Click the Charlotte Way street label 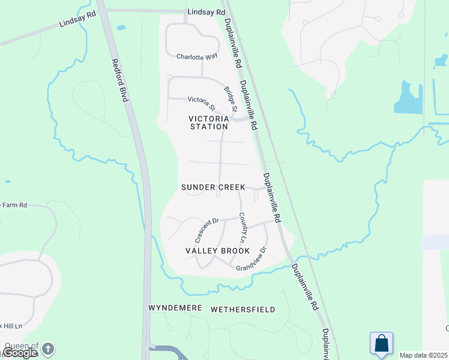[196, 57]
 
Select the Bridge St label [231, 99]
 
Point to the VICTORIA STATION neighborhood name [209, 122]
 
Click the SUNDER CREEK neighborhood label [212, 187]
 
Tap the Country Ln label [243, 227]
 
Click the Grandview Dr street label [252, 260]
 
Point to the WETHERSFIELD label [243, 310]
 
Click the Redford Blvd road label [121, 80]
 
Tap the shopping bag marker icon [381, 344]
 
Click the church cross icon [48, 348]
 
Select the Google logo [19, 353]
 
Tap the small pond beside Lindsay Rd [121, 28]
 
